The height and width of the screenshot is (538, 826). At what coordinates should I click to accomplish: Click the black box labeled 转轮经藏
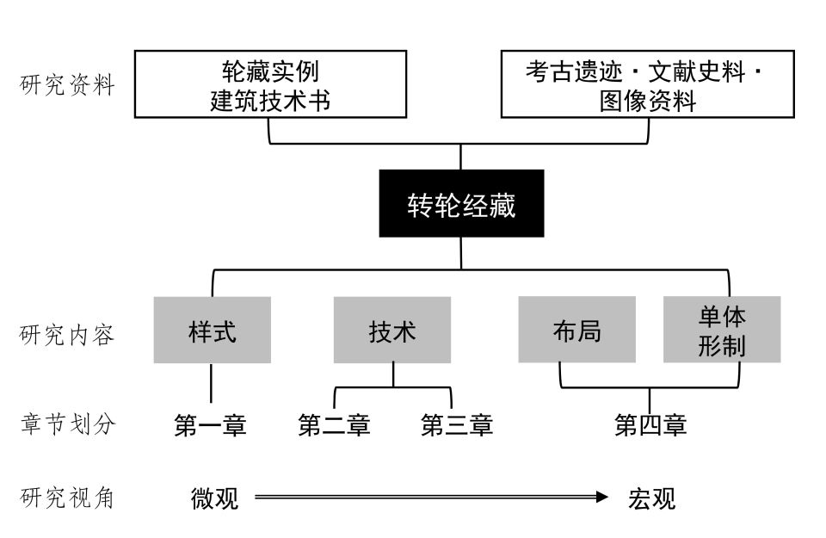coord(461,203)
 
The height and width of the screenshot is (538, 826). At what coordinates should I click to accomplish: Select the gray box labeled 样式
coord(213,330)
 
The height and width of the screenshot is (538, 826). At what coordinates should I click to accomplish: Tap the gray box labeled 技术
coord(392,330)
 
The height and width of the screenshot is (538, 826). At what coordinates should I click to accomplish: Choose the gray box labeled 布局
coord(576,330)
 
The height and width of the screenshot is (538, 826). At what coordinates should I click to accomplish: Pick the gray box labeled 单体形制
coord(722,330)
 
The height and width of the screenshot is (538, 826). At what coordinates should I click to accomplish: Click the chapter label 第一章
coord(210,424)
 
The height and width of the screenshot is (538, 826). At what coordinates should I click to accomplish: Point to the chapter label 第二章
coord(334,424)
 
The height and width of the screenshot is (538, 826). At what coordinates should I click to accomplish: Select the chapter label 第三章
coord(457,424)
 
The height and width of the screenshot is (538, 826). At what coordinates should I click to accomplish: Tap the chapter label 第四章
coord(650,424)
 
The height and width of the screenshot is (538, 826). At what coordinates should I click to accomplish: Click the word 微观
coord(214,498)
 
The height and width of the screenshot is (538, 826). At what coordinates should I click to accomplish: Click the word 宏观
coord(651,498)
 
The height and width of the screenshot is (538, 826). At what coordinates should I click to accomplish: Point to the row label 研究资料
coord(67,85)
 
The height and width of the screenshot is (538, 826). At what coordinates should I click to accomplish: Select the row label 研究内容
coord(67,335)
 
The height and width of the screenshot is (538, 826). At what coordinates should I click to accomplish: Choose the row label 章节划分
coord(68,424)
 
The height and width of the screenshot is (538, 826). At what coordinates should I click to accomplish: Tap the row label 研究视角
coord(67,498)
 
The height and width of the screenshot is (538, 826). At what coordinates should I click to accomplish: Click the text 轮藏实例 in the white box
coord(270,71)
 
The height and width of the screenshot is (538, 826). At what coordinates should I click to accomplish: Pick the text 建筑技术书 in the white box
coord(270,100)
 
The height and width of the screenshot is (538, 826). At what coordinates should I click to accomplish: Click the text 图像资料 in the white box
coord(648,100)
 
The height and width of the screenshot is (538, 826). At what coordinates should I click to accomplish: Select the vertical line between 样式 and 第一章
coord(212,383)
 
